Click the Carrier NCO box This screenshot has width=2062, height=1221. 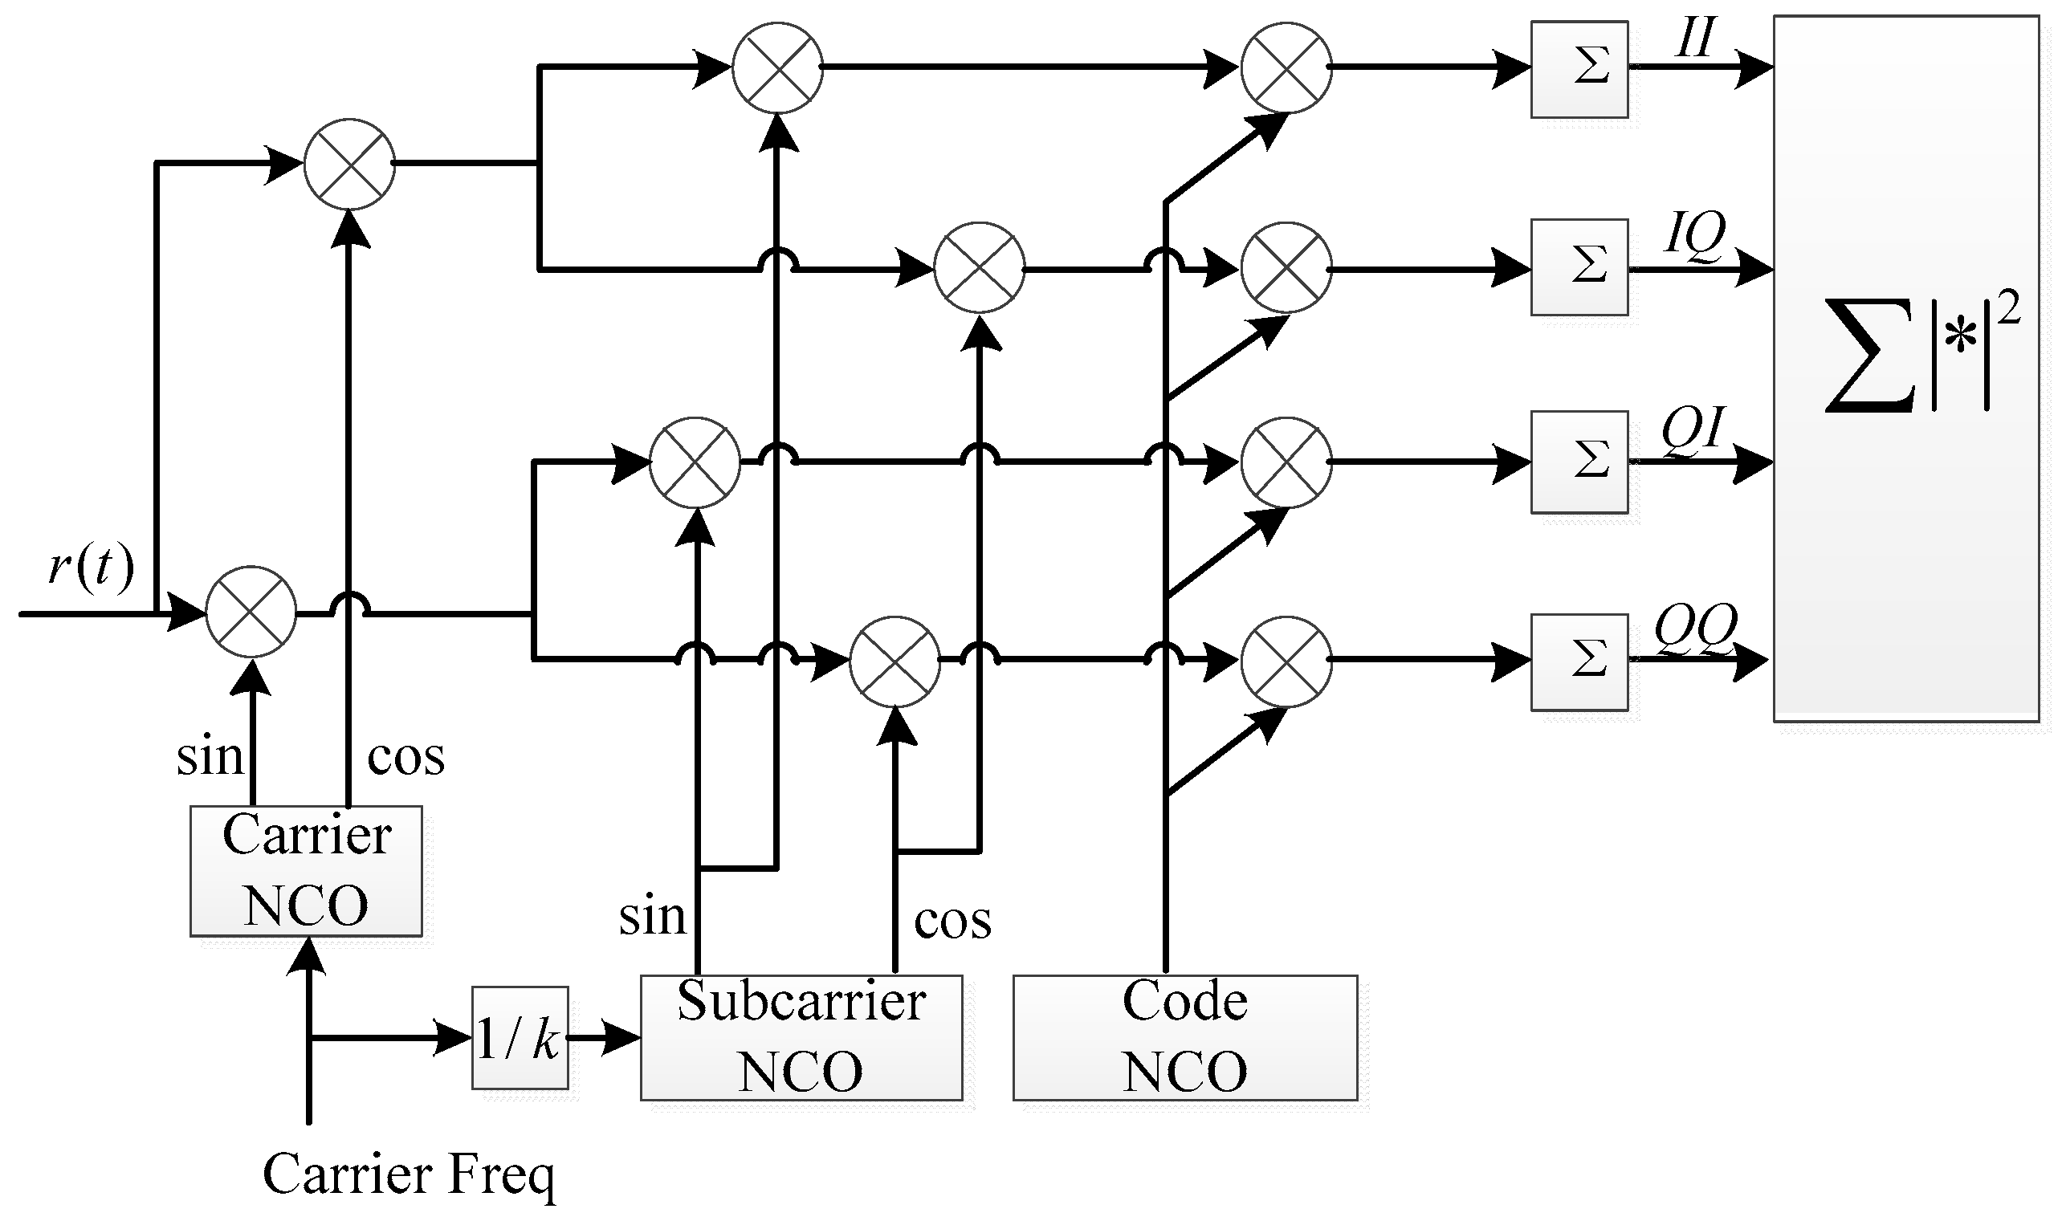306,870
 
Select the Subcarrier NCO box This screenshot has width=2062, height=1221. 801,1037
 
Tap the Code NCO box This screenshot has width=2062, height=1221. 1184,1037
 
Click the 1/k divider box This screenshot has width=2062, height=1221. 520,1037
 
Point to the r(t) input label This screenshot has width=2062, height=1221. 91,568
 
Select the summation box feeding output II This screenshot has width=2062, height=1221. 1578,69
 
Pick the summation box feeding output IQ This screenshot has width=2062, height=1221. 1578,267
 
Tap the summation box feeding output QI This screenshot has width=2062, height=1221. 1578,462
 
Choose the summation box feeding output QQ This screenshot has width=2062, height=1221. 1578,661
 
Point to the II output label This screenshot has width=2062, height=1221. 1694,38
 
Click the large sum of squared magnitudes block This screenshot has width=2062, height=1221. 1905,368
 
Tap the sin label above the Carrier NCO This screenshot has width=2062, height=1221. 210,757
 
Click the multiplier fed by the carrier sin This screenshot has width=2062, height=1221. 251,613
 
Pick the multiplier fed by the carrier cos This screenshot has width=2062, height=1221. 350,164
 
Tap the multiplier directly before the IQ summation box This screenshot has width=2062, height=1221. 1286,267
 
